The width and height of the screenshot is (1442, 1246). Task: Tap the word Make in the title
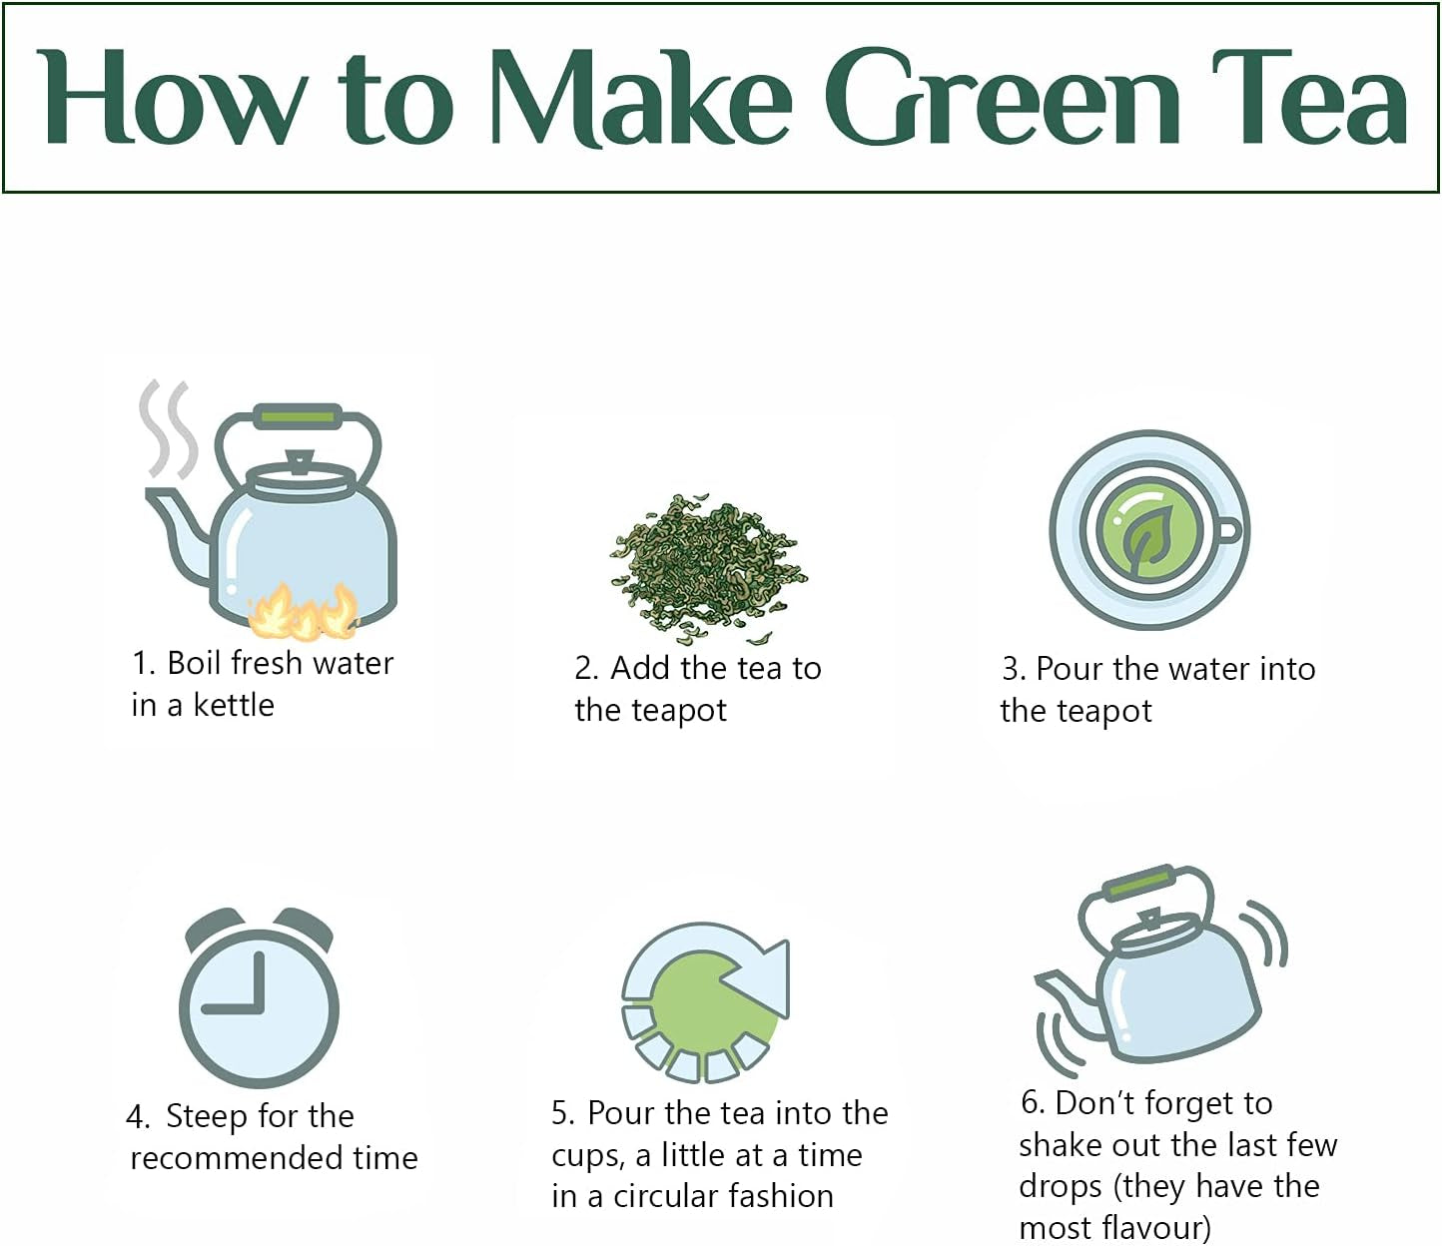tap(642, 98)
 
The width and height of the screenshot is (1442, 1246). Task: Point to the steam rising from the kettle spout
tap(168, 428)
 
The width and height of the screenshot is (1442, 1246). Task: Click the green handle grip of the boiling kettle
tap(299, 416)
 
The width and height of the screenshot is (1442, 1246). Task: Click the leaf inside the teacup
tap(1144, 541)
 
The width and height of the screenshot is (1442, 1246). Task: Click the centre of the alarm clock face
tap(259, 1008)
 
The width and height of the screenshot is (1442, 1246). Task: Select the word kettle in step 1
tap(234, 705)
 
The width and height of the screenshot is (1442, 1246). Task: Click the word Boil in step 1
tap(194, 663)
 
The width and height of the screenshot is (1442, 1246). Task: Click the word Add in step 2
tap(640, 668)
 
